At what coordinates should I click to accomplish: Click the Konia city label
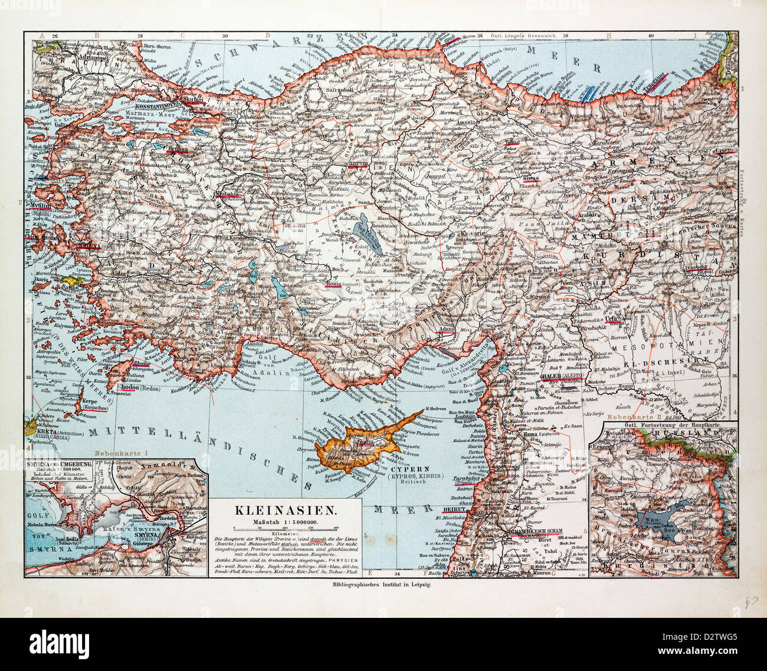click(336, 282)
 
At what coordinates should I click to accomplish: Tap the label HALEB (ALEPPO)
click(561, 377)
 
